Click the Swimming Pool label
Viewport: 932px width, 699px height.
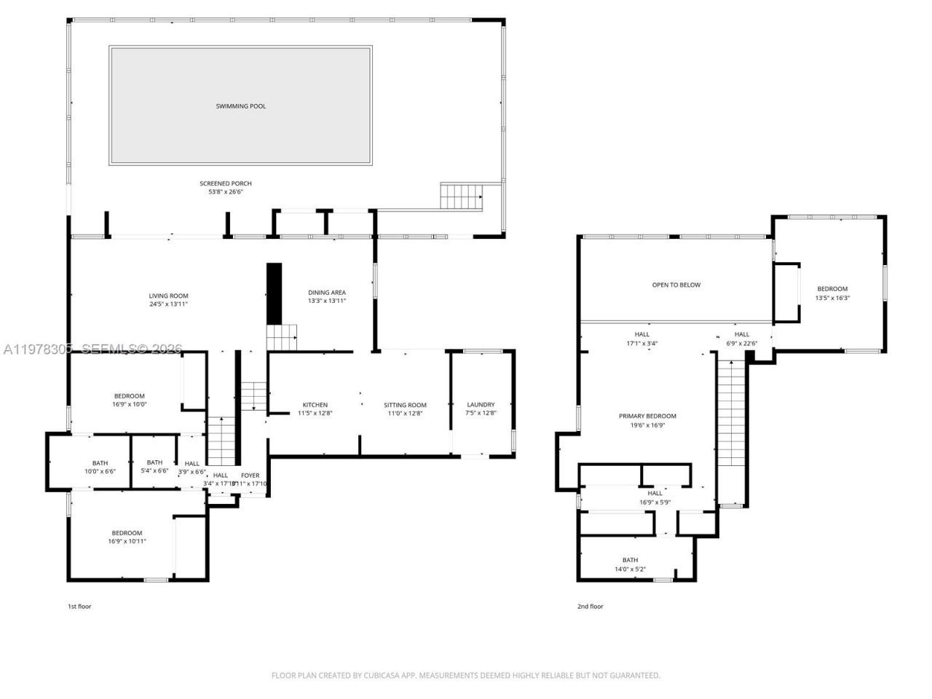[240, 106]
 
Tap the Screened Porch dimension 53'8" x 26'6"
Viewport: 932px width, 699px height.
[225, 192]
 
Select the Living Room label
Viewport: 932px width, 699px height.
[168, 296]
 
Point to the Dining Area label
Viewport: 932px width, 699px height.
[326, 292]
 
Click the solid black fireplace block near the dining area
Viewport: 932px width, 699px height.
[274, 293]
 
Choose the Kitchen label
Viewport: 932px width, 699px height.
[315, 405]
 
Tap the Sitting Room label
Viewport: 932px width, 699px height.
[405, 405]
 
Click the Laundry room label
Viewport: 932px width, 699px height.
[481, 405]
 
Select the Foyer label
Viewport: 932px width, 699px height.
[250, 475]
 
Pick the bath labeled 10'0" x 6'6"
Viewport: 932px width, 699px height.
[100, 471]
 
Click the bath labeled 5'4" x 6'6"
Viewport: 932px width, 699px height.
[154, 470]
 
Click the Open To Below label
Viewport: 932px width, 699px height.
[676, 285]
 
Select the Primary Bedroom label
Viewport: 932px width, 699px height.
[647, 416]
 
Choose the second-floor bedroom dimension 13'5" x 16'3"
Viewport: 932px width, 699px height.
[832, 298]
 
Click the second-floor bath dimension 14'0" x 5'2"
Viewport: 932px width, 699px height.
[630, 569]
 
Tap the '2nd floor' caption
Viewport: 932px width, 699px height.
[591, 607]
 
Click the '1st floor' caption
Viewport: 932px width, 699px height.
[79, 607]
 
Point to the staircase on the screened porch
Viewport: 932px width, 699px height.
[462, 197]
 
